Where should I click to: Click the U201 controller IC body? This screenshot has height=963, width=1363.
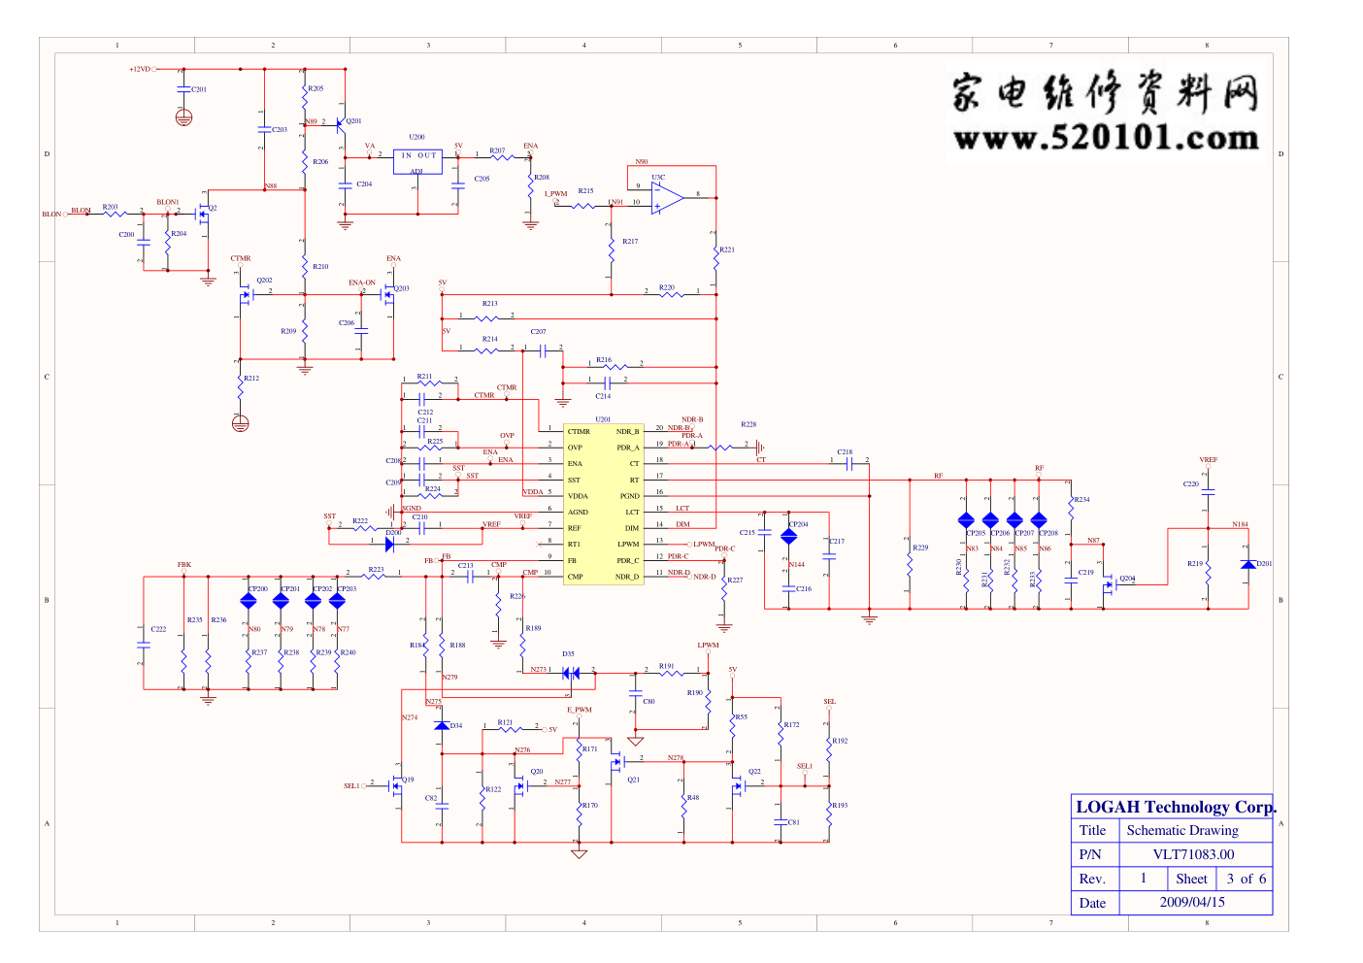[603, 504]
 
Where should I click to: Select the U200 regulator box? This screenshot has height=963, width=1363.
[418, 161]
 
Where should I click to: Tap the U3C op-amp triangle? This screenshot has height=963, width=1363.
[666, 196]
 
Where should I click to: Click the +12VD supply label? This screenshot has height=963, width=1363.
[140, 69]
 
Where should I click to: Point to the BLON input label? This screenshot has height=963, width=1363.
[51, 215]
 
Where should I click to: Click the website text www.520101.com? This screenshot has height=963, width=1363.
[1106, 139]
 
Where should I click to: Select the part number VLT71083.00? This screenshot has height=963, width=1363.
[1193, 854]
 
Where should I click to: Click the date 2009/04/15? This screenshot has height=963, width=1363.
[1192, 902]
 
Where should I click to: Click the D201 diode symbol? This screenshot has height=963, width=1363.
[1248, 564]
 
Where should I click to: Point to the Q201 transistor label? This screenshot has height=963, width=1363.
[353, 121]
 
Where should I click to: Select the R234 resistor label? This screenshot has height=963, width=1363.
[1081, 500]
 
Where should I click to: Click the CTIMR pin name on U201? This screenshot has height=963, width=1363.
[579, 431]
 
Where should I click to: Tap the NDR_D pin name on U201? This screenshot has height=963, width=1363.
[627, 577]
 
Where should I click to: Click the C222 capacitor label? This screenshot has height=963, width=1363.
[158, 629]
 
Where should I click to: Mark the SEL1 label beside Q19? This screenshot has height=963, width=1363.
[351, 786]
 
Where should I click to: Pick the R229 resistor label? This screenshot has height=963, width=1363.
[920, 548]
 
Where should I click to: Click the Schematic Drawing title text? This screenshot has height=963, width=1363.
[1182, 830]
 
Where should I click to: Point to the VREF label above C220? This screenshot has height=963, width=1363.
[1208, 460]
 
